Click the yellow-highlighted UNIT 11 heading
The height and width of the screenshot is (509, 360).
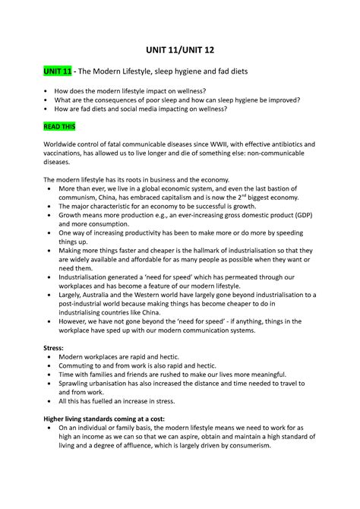[56, 71]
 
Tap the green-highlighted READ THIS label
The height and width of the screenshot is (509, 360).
[58, 126]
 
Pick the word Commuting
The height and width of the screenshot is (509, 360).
[81, 366]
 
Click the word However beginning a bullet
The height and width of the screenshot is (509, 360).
[77, 321]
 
